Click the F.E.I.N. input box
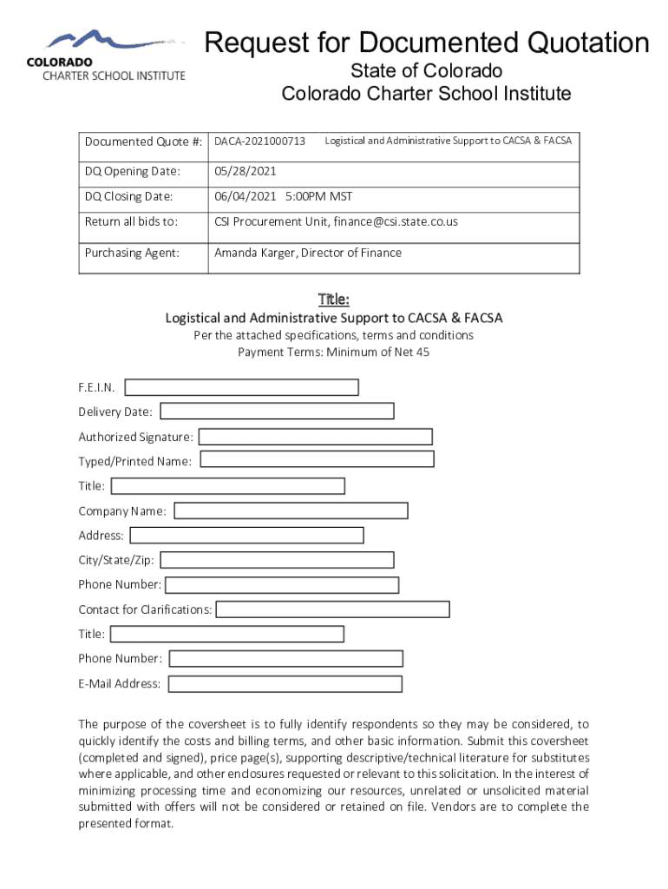point(242,387)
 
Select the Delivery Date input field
point(277,412)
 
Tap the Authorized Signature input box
point(316,437)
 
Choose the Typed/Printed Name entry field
point(317,459)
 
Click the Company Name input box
point(291,510)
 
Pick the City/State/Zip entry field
point(277,560)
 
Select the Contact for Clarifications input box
point(332,609)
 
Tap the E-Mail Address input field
point(285,684)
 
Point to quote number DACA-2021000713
point(260,141)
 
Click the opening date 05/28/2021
point(246,172)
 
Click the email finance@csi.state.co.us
point(395,222)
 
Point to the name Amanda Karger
point(252,254)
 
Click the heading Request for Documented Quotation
point(426,43)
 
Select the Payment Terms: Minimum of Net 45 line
point(333,352)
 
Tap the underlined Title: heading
point(333,300)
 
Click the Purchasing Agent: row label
point(132,254)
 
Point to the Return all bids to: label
point(131,222)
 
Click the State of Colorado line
point(426,70)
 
